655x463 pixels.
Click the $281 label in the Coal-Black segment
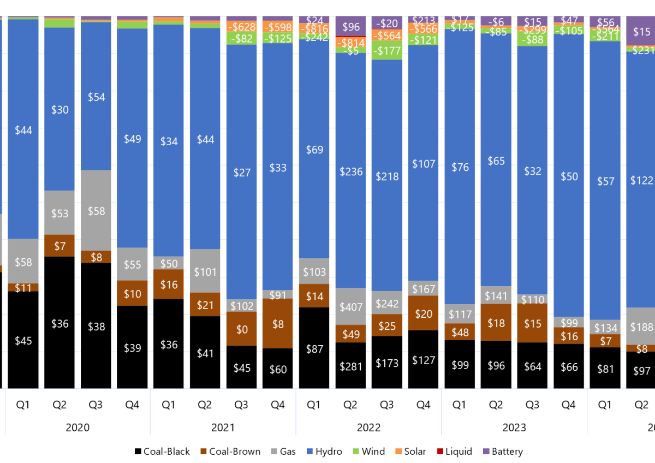tap(350, 366)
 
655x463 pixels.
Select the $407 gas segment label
tap(350, 307)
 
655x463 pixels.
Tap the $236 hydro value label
tap(350, 171)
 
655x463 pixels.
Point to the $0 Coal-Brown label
tap(242, 329)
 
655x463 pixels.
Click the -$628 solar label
tap(242, 27)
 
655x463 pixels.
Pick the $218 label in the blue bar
tap(387, 176)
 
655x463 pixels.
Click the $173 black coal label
tap(387, 363)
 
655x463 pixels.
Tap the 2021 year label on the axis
tap(223, 428)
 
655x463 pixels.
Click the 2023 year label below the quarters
tap(514, 428)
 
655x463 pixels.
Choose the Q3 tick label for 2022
tap(387, 405)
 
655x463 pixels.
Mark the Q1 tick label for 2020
tap(23, 405)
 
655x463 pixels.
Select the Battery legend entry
tap(503, 452)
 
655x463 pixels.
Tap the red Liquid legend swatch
tap(439, 452)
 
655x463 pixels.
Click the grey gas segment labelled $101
tap(205, 272)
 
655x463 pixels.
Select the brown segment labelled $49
tap(350, 333)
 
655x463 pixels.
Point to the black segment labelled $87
tap(314, 348)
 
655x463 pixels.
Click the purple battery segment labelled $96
tap(350, 26)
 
